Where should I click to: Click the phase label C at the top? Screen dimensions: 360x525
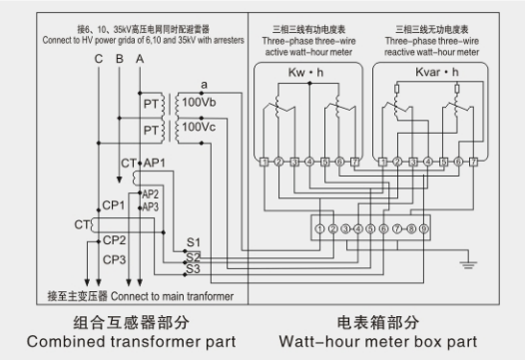coord(98,61)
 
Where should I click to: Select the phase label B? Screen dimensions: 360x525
coord(119,61)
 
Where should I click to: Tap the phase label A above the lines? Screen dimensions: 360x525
coord(139,61)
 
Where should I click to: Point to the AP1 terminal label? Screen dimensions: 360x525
coord(154,162)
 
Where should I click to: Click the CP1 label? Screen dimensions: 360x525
coord(113,205)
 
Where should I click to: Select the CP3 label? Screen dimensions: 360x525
coord(113,260)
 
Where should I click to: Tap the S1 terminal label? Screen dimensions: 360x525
coord(193,243)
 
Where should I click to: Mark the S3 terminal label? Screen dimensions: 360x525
coord(193,268)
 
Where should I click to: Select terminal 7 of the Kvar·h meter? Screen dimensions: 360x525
coord(474,161)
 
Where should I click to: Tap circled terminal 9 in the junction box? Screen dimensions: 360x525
coord(422,227)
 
